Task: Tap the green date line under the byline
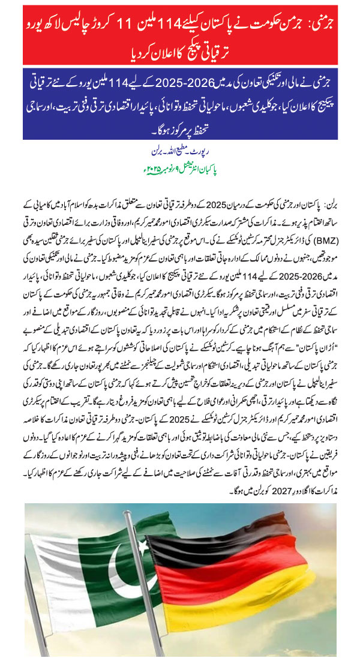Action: click(x=180, y=161)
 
